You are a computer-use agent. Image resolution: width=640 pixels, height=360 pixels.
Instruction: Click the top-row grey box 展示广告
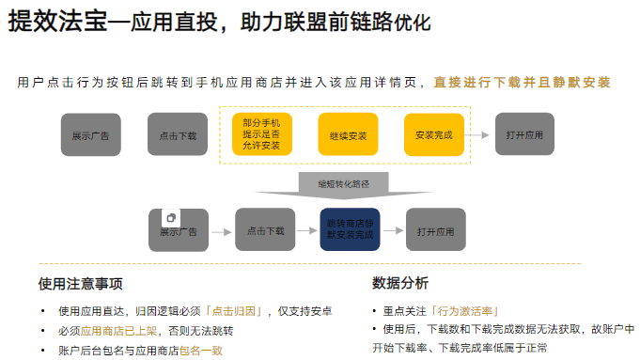[90, 135]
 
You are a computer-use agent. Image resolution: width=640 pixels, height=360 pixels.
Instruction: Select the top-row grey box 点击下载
[178, 135]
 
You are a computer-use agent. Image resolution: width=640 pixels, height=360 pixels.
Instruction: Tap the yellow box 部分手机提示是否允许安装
[261, 134]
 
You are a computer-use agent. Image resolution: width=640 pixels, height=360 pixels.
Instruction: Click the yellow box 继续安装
[348, 135]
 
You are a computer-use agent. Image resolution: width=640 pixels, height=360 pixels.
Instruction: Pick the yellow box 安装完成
[433, 135]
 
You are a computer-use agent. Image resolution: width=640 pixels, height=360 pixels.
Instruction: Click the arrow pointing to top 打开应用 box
[479, 135]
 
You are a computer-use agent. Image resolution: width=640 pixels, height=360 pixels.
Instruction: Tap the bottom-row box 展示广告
[179, 231]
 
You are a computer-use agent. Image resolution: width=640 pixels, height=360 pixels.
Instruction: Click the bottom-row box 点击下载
[266, 230]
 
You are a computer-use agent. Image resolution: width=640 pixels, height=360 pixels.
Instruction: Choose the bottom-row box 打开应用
[435, 230]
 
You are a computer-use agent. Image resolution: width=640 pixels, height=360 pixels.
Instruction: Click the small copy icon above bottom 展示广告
[170, 216]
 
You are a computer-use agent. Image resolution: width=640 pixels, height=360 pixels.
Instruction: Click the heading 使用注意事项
[80, 283]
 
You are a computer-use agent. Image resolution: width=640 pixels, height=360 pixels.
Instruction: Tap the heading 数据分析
[400, 283]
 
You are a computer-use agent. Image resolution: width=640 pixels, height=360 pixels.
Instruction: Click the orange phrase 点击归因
[235, 311]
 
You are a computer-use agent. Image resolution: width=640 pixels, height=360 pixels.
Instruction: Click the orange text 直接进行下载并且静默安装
[522, 82]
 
